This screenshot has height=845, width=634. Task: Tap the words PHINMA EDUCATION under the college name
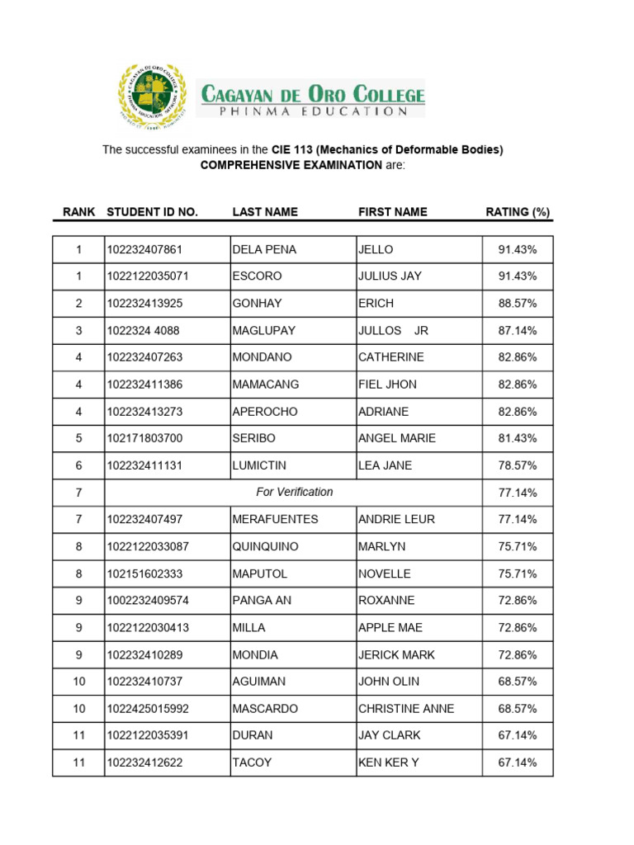(x=310, y=111)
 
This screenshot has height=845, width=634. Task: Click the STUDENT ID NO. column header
(x=152, y=212)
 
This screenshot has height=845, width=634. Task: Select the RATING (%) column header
(x=517, y=212)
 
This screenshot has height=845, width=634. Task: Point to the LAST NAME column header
(x=265, y=212)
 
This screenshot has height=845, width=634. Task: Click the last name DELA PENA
(x=264, y=249)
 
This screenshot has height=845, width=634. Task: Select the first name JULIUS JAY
(x=390, y=276)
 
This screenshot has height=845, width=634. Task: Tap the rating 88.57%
(x=518, y=304)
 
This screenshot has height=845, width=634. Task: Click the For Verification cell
(x=294, y=492)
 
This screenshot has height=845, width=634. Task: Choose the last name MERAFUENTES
(x=275, y=519)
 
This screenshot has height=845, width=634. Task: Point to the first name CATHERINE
(x=390, y=357)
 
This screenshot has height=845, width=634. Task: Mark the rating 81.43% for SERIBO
(x=518, y=438)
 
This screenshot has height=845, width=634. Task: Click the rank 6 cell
(x=79, y=465)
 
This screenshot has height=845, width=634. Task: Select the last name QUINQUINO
(x=265, y=546)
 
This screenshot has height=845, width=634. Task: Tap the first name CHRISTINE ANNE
(x=406, y=709)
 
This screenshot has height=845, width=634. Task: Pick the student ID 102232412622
(x=144, y=762)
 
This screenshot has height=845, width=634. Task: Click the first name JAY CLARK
(x=389, y=735)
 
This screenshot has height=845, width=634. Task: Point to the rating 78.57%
(x=518, y=465)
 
